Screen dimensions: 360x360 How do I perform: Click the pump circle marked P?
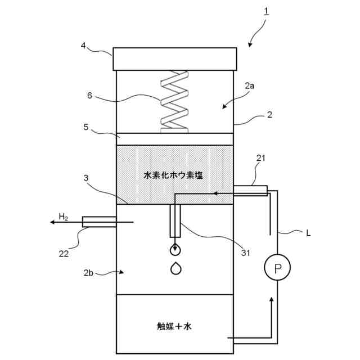(x=277, y=268)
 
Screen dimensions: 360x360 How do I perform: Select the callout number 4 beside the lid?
(x=83, y=46)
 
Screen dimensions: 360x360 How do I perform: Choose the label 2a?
(x=250, y=87)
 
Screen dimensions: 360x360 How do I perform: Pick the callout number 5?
(x=86, y=127)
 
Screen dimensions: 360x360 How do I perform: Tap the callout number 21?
(x=260, y=159)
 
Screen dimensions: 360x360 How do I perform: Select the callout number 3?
(x=86, y=178)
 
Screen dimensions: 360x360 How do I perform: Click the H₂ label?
(x=64, y=216)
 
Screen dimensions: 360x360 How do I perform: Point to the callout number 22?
(x=64, y=253)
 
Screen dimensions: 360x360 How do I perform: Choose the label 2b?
(x=88, y=273)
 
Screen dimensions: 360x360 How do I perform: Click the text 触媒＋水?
(x=175, y=326)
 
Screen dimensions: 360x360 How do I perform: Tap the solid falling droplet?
(x=176, y=269)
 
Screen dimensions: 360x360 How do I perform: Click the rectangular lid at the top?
(x=174, y=58)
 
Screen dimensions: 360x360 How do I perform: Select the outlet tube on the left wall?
(x=99, y=222)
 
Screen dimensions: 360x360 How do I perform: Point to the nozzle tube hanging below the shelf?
(x=175, y=220)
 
